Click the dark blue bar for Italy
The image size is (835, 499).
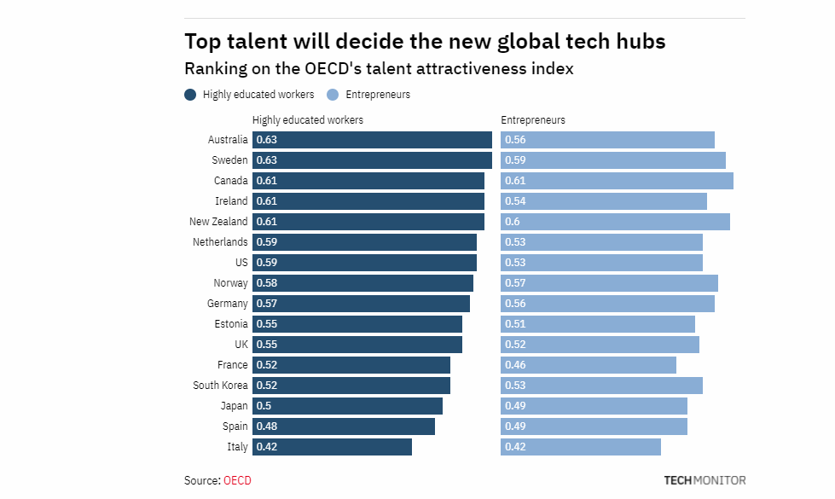(x=332, y=447)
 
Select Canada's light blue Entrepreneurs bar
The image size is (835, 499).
(x=617, y=181)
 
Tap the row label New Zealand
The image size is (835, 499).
(x=218, y=222)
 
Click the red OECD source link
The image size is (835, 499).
(x=237, y=481)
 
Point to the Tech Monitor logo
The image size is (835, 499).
(x=705, y=480)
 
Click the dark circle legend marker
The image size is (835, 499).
(x=190, y=95)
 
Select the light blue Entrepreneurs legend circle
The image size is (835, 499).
(x=333, y=95)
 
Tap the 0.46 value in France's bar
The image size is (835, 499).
(x=515, y=365)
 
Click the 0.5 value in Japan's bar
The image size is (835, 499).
(x=264, y=406)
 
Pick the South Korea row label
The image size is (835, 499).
(x=220, y=386)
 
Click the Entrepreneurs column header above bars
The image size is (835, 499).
(x=532, y=120)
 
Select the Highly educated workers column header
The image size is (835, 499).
(x=307, y=120)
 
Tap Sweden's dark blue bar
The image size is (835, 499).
(x=372, y=160)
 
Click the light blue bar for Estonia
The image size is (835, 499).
(x=597, y=324)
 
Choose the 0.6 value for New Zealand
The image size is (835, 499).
(x=513, y=222)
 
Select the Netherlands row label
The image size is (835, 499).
(x=220, y=242)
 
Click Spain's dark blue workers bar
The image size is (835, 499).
(x=344, y=426)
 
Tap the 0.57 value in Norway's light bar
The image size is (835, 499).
(x=515, y=283)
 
